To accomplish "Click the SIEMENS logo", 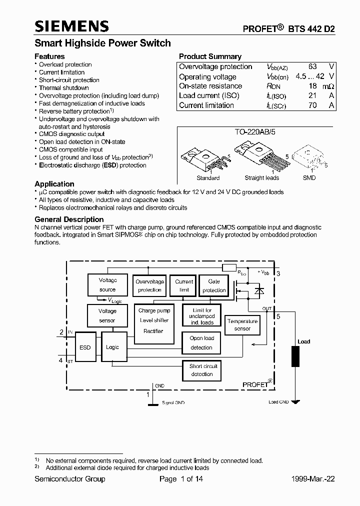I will (71, 26).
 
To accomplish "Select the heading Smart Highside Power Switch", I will (102, 43).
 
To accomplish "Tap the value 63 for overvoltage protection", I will (312, 66).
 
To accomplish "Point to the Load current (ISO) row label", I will (209, 95).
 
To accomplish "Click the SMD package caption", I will (309, 178).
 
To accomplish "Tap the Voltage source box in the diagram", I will (107, 285).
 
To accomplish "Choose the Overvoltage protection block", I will (149, 285).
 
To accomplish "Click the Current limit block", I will (183, 285).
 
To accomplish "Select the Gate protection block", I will (214, 285).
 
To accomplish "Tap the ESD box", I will (85, 347).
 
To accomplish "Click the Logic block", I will (112, 347).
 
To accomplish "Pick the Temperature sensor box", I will (242, 325).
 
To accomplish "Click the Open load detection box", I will (201, 343).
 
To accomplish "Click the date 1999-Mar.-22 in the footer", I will (313, 479).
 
